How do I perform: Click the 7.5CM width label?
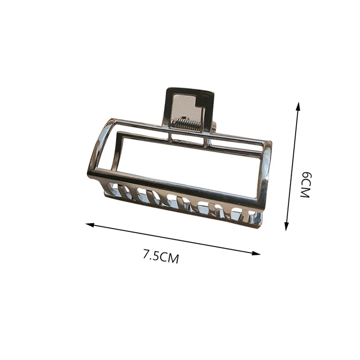pyautogui.click(x=161, y=256)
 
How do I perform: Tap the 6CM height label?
pyautogui.click(x=306, y=185)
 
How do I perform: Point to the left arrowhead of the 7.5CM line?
pyautogui.click(x=90, y=225)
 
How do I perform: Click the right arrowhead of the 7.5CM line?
pyautogui.click(x=256, y=253)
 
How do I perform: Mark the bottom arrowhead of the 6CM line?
pyautogui.click(x=287, y=226)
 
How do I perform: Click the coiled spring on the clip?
pyautogui.click(x=186, y=124)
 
